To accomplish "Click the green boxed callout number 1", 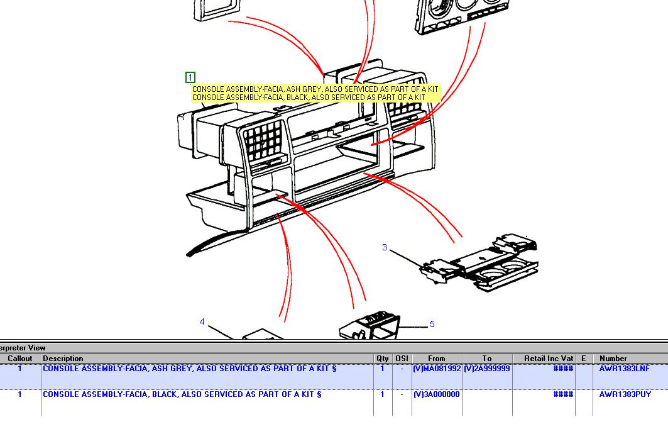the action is click(190, 77).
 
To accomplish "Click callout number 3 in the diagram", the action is click(384, 247).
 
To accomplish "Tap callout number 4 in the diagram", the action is click(202, 321).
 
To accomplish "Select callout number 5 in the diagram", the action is click(432, 324).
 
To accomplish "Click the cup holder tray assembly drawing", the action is click(479, 262).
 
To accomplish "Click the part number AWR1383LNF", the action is click(625, 369).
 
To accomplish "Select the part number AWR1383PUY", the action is click(625, 394).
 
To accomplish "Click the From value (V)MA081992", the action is click(437, 369).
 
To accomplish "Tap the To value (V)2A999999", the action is click(486, 369).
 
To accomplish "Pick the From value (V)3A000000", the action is click(436, 394).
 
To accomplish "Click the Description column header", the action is click(63, 359).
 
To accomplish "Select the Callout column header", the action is click(20, 359).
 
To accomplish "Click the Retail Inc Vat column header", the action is click(549, 359).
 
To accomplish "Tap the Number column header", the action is click(613, 359).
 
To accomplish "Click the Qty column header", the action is click(383, 359).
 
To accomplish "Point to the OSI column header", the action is click(402, 359).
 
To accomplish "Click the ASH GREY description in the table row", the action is click(190, 369).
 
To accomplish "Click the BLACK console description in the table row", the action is click(182, 394).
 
